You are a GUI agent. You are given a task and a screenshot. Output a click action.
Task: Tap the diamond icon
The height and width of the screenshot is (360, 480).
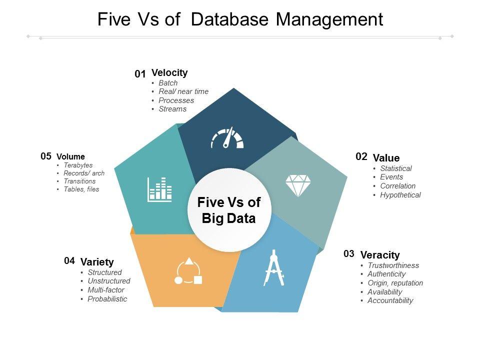pyautogui.click(x=297, y=185)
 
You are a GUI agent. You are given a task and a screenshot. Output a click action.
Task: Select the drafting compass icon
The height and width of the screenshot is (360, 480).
pyautogui.click(x=274, y=268)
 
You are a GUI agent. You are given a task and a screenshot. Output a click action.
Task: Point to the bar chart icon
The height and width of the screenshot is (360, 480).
pyautogui.click(x=159, y=189)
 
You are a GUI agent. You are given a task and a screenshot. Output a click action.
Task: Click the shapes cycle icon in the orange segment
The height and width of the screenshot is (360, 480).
pyautogui.click(x=188, y=271)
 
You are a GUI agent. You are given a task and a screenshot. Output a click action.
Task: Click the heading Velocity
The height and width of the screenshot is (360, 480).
pyautogui.click(x=169, y=73)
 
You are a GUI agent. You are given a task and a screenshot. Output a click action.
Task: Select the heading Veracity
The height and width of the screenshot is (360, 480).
pyautogui.click(x=380, y=255)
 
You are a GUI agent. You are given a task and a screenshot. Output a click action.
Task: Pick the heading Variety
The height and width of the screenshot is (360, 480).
pyautogui.click(x=97, y=262)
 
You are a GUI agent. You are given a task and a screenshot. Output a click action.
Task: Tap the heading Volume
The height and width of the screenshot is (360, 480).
pyautogui.click(x=70, y=156)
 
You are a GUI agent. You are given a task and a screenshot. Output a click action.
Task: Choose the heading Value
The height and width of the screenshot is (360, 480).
pyautogui.click(x=386, y=158)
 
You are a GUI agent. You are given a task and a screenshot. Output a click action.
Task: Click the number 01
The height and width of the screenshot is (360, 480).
pyautogui.click(x=140, y=74)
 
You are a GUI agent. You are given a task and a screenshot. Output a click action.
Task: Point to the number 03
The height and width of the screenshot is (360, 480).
pyautogui.click(x=349, y=254)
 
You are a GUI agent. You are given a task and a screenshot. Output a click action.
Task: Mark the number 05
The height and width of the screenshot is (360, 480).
pyautogui.click(x=46, y=156)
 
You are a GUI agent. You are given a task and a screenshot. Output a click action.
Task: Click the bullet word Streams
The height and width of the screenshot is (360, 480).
pyautogui.click(x=172, y=109)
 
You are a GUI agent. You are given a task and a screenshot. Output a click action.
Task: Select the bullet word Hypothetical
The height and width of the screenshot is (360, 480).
pyautogui.click(x=400, y=195)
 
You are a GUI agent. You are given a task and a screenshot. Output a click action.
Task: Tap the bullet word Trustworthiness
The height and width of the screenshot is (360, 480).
pyautogui.click(x=393, y=265)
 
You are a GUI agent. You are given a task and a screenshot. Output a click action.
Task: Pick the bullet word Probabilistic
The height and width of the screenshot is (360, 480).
pyautogui.click(x=107, y=299)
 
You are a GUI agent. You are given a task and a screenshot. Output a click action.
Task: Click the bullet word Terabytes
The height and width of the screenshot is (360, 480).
pyautogui.click(x=78, y=165)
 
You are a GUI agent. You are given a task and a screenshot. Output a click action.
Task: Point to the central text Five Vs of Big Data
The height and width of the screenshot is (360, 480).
pyautogui.click(x=229, y=210)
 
